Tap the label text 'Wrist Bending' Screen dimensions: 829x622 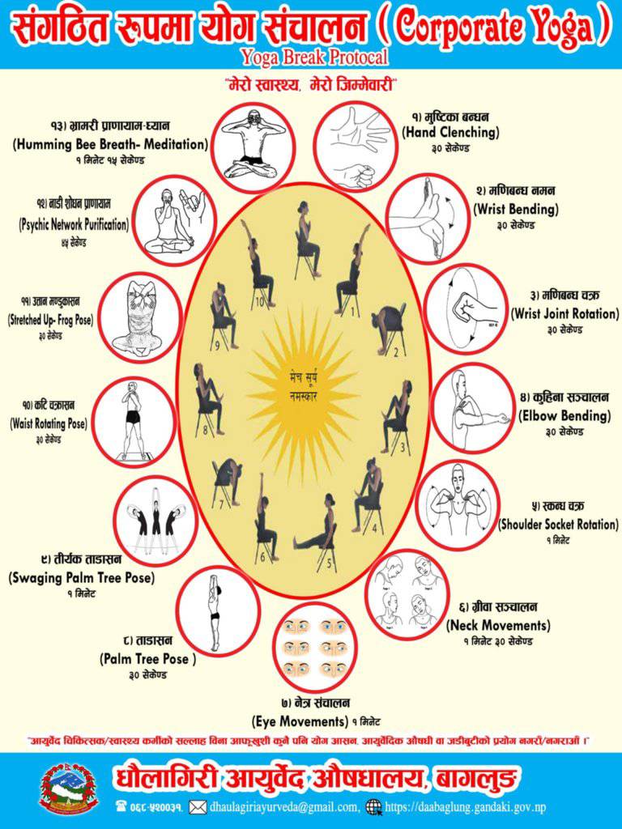pyautogui.click(x=515, y=209)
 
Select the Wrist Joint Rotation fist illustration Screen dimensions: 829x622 pyautogui.click(x=466, y=309)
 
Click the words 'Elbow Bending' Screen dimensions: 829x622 pyautogui.click(x=564, y=416)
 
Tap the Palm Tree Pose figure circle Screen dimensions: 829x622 pyautogui.click(x=216, y=611)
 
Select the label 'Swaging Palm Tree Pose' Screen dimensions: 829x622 pyautogui.click(x=82, y=578)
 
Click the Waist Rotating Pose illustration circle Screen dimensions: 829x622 pyautogui.click(x=134, y=423)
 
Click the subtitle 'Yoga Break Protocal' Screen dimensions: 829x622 pyautogui.click(x=314, y=57)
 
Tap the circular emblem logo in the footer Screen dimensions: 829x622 pyautogui.click(x=70, y=788)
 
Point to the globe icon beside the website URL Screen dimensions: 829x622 pyautogui.click(x=373, y=806)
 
